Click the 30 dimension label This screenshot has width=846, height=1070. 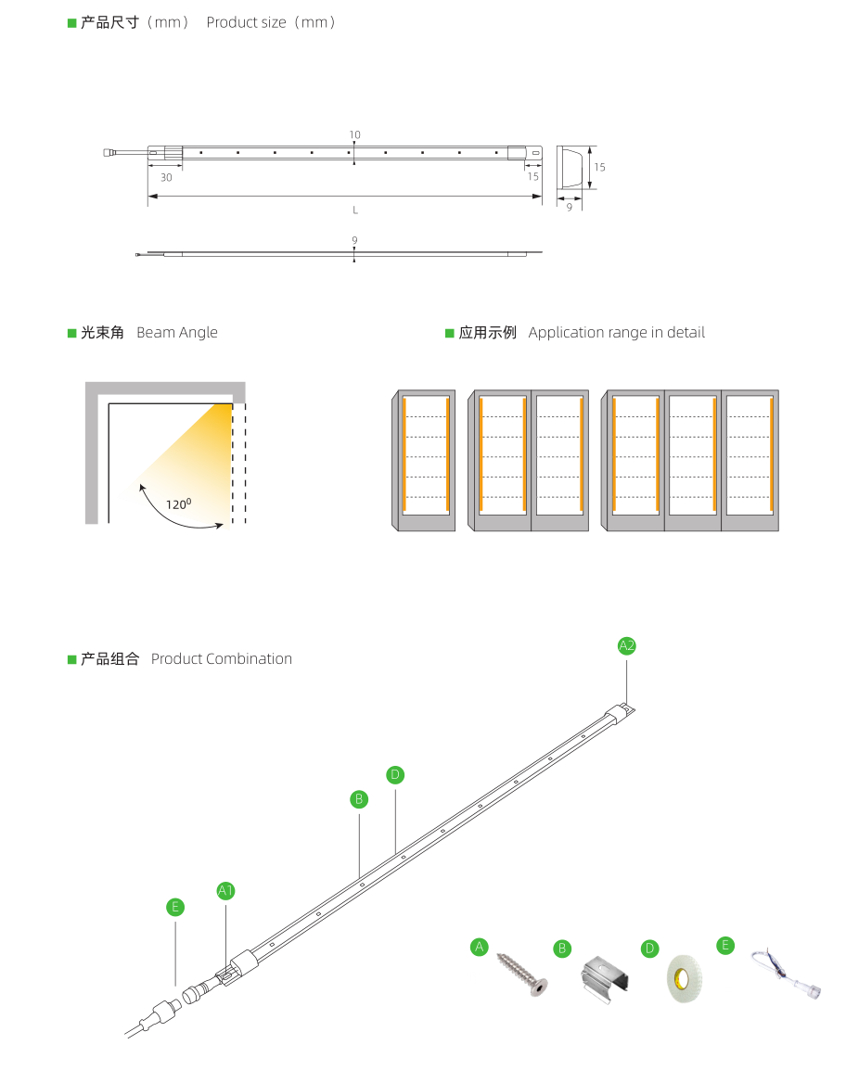(x=166, y=177)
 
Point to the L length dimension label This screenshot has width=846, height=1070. (x=355, y=210)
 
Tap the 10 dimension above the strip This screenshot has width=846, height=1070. (x=354, y=135)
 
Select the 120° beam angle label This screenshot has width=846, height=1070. (x=179, y=503)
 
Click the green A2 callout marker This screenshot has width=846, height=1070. (x=627, y=645)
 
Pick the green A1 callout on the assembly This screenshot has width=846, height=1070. (x=226, y=890)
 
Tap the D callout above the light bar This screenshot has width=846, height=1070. (x=395, y=774)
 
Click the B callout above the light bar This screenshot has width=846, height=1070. (x=359, y=799)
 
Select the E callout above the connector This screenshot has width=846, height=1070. (x=175, y=907)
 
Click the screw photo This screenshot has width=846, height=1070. (x=522, y=974)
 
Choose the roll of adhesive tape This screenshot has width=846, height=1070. (x=685, y=978)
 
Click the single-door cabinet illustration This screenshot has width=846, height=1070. (x=423, y=461)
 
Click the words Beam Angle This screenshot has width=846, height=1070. (x=177, y=332)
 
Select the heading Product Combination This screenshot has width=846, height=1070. (x=221, y=658)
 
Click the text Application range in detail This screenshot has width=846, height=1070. (x=617, y=332)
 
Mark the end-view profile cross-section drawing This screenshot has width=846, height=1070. (x=570, y=167)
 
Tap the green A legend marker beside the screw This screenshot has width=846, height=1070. (x=480, y=947)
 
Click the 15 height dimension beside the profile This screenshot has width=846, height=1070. (x=599, y=167)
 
